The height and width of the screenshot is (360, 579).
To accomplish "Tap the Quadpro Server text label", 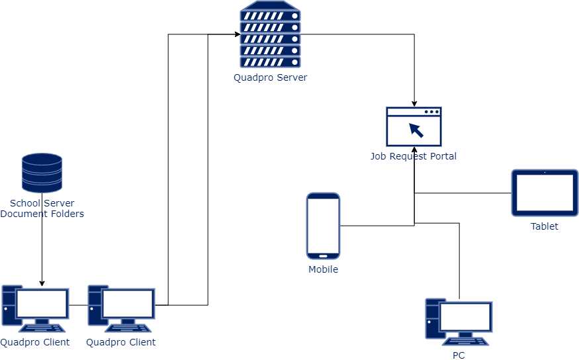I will (270, 77).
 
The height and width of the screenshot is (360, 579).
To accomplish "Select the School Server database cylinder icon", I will (42, 173).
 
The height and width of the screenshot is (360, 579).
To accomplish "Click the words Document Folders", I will (42, 214).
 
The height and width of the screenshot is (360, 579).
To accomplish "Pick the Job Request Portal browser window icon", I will (414, 126).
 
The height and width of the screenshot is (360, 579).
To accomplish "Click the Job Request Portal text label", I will (414, 157).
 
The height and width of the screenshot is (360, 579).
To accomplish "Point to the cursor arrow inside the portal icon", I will (416, 130).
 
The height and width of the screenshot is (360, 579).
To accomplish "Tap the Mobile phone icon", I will (323, 226).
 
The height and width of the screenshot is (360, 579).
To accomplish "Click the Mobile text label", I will (323, 269).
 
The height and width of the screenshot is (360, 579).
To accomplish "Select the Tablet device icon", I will (545, 193).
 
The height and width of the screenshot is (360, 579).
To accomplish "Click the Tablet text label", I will (544, 226).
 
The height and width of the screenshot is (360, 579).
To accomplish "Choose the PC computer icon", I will (459, 322).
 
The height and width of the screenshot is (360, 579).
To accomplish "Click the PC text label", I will (459, 355).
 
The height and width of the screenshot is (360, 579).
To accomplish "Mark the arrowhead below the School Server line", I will (42, 283).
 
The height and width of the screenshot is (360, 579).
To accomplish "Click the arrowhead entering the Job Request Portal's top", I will (414, 104).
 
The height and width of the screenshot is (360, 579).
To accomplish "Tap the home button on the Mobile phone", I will (323, 255).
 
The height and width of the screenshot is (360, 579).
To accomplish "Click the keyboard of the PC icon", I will (466, 341).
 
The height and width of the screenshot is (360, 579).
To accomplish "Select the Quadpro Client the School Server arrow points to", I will (35, 308).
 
